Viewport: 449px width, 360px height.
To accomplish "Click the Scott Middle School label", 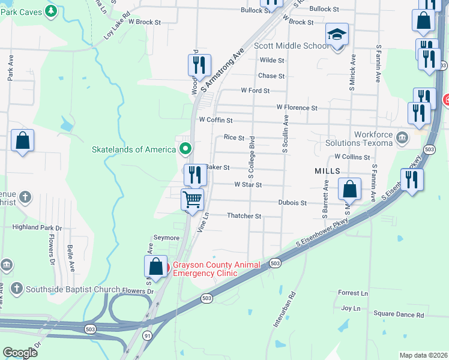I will [x=291, y=46].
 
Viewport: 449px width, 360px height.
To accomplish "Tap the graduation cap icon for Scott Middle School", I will [x=336, y=35].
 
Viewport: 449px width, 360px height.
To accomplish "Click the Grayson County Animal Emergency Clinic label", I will [x=217, y=269].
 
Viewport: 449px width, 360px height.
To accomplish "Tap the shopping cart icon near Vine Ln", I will [x=193, y=199].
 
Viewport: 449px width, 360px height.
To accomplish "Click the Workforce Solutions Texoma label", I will [x=359, y=139].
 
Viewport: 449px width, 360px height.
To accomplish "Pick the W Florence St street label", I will [x=297, y=107].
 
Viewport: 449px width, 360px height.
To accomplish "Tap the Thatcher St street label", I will [x=244, y=216].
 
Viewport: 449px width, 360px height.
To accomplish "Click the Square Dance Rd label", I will [x=399, y=314].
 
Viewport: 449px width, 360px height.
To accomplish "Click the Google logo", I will [x=20, y=353].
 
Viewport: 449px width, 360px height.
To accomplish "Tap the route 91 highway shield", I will [x=146, y=336].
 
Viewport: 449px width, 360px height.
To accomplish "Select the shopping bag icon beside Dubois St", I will [x=349, y=189].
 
